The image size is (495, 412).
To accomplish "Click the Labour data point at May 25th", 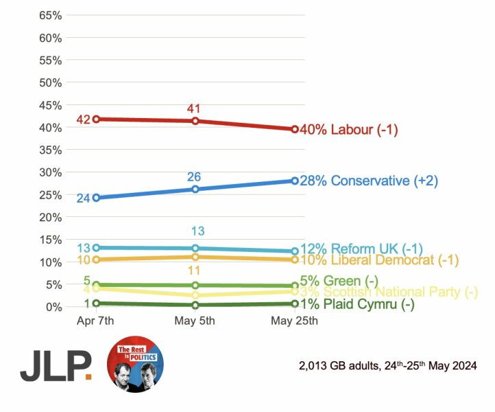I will [x=295, y=129].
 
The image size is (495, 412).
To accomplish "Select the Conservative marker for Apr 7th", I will [x=97, y=198].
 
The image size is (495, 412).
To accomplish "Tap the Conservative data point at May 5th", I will [x=195, y=189].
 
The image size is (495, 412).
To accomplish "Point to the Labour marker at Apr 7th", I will [x=97, y=119].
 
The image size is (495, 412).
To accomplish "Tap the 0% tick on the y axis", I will [x=56, y=307].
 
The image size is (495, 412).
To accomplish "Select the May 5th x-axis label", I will [x=195, y=321].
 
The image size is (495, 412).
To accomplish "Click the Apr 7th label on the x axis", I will [x=97, y=321].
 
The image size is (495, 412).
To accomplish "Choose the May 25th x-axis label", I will [x=295, y=321].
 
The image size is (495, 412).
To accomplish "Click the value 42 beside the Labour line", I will [x=84, y=120].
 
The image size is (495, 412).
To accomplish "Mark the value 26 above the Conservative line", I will [x=194, y=177].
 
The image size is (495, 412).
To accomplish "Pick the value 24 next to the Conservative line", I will [x=84, y=198].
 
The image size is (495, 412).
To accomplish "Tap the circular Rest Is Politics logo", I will [x=135, y=365].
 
